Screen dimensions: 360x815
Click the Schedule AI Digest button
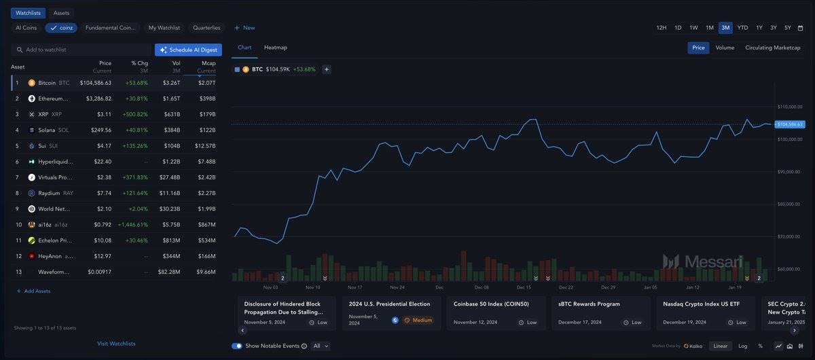coord(188,50)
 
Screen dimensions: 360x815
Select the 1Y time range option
coord(759,28)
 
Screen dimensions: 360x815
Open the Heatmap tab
coord(276,48)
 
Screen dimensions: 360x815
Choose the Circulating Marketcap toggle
coord(772,48)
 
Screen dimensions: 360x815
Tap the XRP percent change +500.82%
coord(132,114)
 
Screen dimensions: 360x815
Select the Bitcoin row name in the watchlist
coord(47,83)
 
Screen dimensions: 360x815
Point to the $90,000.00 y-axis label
coord(790,172)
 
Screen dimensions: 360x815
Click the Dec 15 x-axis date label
coord(524,287)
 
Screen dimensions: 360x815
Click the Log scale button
coord(743,346)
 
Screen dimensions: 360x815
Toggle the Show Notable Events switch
coord(237,346)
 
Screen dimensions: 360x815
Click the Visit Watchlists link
coord(116,344)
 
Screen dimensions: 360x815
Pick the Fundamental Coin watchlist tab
coord(111,28)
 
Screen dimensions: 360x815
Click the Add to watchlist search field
coord(81,50)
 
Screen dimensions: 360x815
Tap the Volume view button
coord(725,48)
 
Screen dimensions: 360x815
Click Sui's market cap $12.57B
coord(204,145)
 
